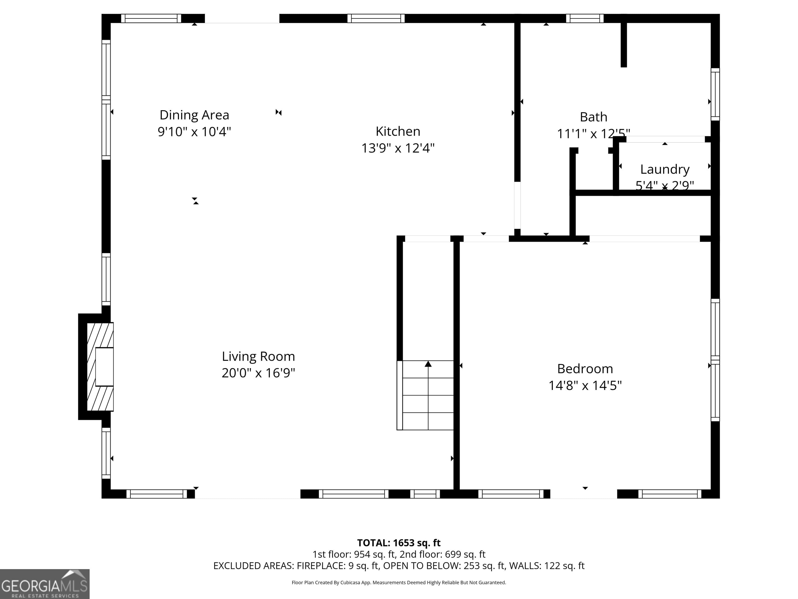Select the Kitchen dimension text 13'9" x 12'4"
(x=398, y=148)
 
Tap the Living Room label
(x=258, y=356)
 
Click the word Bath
(x=594, y=117)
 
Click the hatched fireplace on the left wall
(x=100, y=367)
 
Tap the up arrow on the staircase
(x=428, y=364)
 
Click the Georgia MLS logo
(x=44, y=584)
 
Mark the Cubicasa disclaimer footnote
(x=399, y=582)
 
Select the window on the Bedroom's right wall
(x=715, y=360)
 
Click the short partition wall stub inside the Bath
(x=623, y=44)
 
